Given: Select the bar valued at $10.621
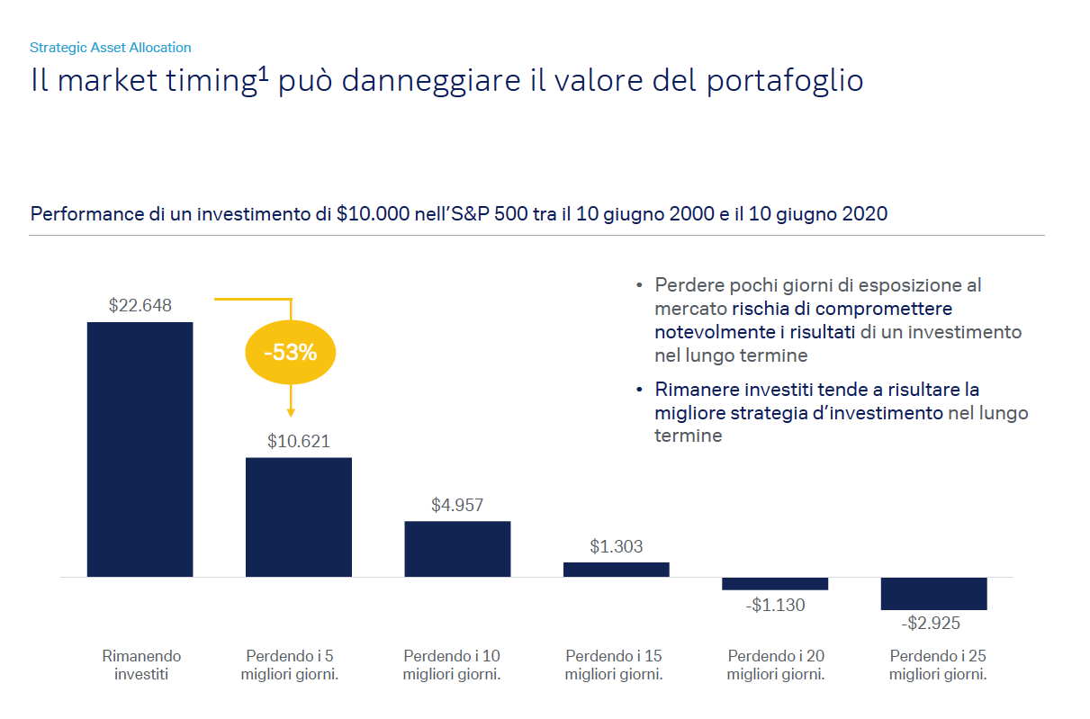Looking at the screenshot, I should coord(299,517).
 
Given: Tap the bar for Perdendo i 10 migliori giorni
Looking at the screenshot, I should coord(457,548).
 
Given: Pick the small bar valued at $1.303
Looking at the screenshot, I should coord(617,569).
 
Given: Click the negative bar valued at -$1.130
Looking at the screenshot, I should coord(775,583).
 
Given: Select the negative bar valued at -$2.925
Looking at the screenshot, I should coord(933,593).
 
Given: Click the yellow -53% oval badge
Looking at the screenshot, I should coord(290,353).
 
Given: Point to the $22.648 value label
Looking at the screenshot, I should coord(140,305).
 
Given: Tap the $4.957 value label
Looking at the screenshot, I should coord(457,505).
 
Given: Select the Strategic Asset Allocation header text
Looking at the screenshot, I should coord(111,48).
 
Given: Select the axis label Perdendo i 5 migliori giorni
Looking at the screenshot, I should coord(290,665).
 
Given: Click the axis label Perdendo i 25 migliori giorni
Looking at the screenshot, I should coord(938,665).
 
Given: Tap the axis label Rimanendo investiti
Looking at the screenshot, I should coord(141,665).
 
